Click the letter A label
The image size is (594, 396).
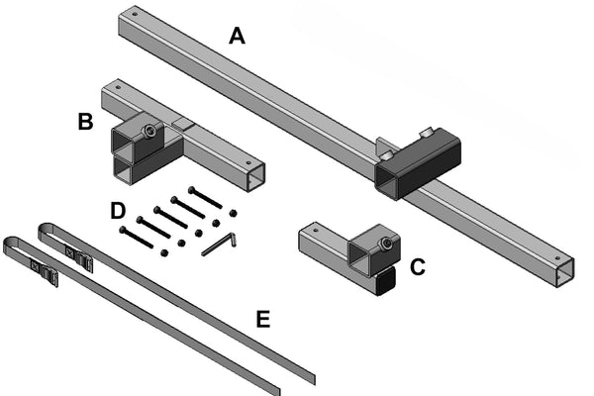click(236, 37)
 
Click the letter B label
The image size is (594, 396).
click(86, 123)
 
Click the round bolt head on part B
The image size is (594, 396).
click(148, 130)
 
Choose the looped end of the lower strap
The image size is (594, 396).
click(9, 244)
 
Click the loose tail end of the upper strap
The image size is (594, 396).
click(309, 376)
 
